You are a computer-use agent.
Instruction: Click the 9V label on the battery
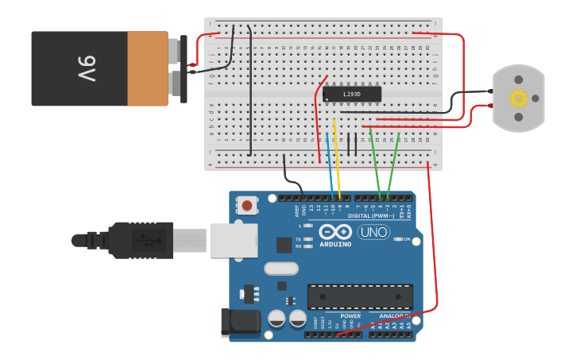tap(87, 68)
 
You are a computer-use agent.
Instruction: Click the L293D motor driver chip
tap(352, 95)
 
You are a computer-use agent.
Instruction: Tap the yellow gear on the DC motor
tap(518, 99)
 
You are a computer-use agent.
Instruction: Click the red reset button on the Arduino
tap(247, 206)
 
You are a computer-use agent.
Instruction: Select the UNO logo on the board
tap(373, 232)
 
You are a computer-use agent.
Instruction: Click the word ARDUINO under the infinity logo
tap(335, 244)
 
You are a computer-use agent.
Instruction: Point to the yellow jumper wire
tap(338, 159)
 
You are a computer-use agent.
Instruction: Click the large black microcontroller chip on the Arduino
tap(360, 296)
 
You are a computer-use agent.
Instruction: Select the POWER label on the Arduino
tap(350, 315)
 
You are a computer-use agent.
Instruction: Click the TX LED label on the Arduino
tap(298, 239)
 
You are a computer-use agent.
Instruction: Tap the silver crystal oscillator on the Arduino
tap(280, 269)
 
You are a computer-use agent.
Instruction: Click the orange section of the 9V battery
tap(147, 68)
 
